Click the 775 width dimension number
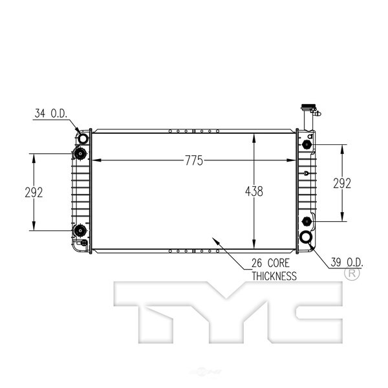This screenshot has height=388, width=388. point(194,160)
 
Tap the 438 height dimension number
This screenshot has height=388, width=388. point(254,191)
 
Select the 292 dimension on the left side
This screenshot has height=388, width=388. point(34,192)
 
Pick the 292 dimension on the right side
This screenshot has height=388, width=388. point(342,184)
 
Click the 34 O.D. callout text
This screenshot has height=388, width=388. point(51,113)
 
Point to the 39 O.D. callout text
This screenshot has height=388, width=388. point(347,263)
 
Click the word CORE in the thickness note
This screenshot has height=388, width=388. point(278,263)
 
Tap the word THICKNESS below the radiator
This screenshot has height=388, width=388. point(274,276)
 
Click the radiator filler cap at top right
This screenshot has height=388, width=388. point(308,107)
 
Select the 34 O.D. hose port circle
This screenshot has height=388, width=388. point(83,138)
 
